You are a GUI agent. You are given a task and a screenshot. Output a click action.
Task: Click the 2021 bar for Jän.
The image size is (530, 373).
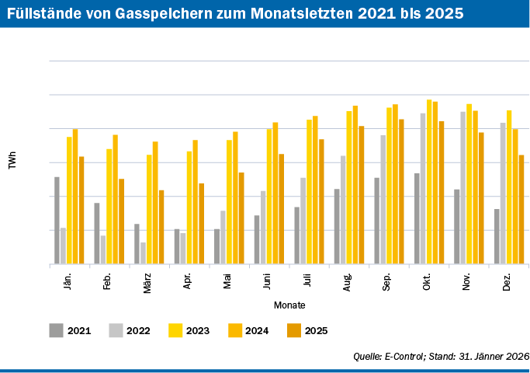(57, 221)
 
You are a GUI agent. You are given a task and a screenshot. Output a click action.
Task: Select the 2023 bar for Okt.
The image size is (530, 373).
(429, 182)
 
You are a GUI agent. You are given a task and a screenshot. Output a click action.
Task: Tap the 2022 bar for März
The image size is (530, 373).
(144, 253)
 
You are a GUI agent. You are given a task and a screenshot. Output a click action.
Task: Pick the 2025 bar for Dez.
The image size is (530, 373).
(521, 210)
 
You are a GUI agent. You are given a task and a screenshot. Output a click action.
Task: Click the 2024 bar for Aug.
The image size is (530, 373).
(355, 185)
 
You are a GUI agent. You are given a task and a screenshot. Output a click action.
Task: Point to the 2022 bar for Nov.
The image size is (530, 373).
(463, 188)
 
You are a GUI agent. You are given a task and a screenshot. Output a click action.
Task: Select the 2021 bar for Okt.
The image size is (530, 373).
(417, 218)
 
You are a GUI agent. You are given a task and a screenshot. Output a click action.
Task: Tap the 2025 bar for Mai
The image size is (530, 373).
(241, 218)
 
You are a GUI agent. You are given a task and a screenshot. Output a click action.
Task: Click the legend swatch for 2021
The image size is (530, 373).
(56, 330)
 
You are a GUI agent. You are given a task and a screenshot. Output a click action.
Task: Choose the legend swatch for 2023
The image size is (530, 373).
(175, 330)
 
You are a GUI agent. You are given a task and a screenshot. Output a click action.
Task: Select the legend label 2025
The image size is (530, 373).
(316, 331)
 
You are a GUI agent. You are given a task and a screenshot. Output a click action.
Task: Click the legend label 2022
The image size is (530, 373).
(138, 331)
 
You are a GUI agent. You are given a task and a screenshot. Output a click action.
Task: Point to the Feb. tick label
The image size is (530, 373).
(107, 281)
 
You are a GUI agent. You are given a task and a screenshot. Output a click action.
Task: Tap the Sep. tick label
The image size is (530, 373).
(386, 281)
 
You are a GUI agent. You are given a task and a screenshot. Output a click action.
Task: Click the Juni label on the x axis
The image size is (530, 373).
(267, 281)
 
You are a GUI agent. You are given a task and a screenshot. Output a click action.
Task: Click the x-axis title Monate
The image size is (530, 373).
(289, 305)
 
